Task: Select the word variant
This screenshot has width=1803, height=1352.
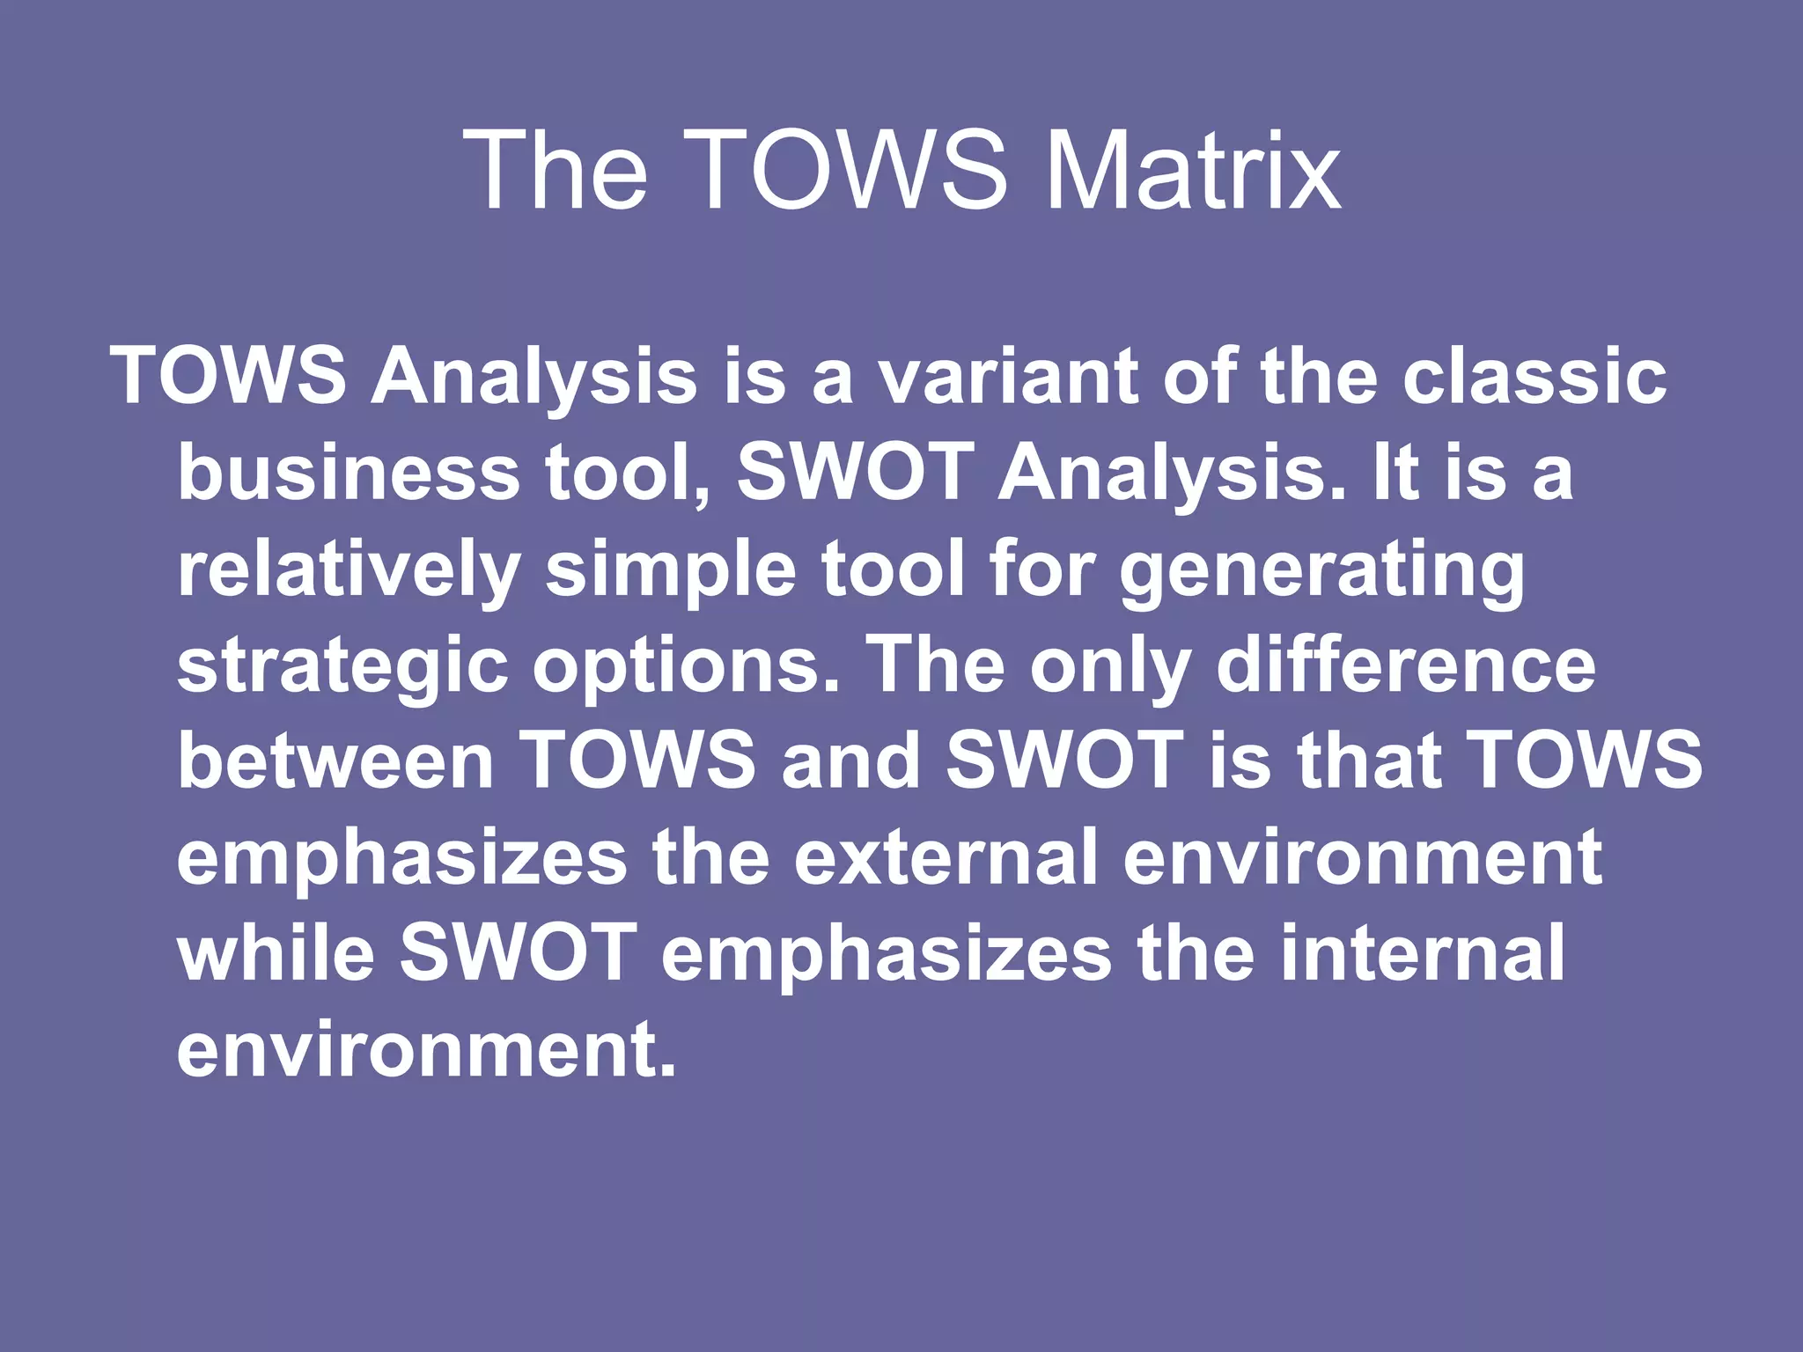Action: coord(1009,377)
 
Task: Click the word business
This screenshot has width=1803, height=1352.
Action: coord(349,473)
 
